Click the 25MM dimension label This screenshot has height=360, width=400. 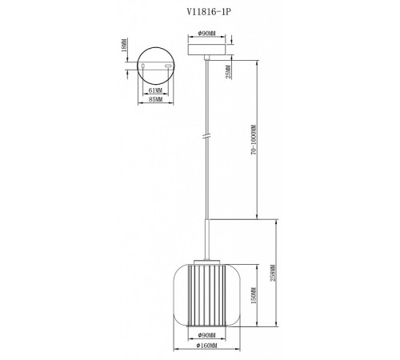229,73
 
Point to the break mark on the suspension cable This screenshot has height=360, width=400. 207,138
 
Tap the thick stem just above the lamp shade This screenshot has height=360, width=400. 207,239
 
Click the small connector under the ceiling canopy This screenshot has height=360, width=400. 207,60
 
